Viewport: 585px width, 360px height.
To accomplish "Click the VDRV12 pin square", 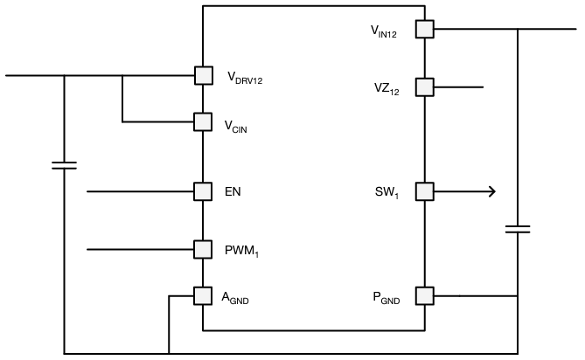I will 203,76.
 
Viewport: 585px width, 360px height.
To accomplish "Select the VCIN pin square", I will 203,121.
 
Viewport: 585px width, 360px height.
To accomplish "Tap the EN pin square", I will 203,190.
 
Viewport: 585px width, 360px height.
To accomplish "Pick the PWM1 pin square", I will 203,250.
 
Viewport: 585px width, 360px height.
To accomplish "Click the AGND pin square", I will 203,296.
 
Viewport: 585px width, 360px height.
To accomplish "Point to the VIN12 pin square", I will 424,30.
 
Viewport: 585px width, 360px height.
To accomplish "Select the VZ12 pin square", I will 424,87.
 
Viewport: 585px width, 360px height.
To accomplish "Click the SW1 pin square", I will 424,191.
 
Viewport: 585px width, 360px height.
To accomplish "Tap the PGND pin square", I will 424,296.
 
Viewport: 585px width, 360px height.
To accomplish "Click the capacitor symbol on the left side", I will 64,164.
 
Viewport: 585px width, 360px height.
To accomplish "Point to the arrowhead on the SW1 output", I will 491,191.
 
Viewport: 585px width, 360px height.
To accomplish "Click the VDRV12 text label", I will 245,78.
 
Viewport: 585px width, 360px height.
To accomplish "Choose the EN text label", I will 233,191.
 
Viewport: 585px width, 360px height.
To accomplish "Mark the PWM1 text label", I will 241,252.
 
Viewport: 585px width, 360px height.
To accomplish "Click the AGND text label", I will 239,299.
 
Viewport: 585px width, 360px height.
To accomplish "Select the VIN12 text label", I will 386,32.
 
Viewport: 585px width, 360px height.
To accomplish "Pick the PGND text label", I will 386,299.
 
